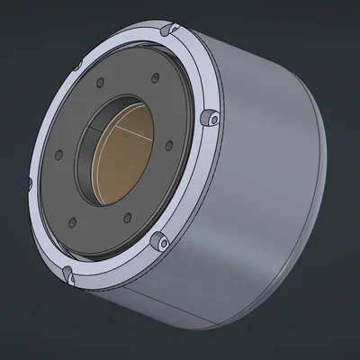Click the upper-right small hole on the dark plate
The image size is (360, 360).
click(x=156, y=77)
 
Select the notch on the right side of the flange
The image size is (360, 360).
click(x=211, y=118)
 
